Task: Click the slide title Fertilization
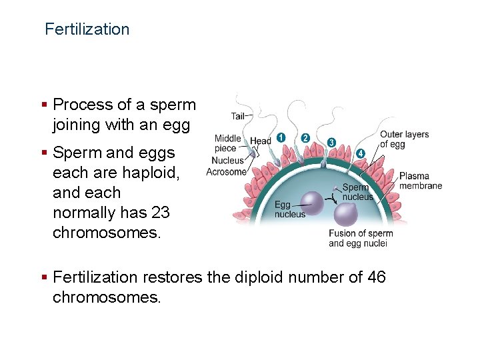(x=87, y=29)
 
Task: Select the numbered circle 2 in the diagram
(x=305, y=138)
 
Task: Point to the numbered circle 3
(x=331, y=143)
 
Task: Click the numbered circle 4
(x=361, y=153)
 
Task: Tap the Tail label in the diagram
(x=237, y=116)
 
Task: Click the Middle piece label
(x=227, y=143)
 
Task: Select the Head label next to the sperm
(x=261, y=141)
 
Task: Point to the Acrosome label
(x=226, y=172)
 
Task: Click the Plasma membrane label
(x=421, y=181)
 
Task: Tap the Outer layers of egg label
(x=404, y=139)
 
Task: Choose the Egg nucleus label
(x=289, y=209)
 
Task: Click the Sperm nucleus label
(x=358, y=192)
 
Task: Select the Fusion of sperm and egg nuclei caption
(x=361, y=238)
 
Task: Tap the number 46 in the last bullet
(x=376, y=277)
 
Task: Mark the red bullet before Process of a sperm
(x=44, y=105)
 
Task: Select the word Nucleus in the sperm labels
(x=227, y=161)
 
